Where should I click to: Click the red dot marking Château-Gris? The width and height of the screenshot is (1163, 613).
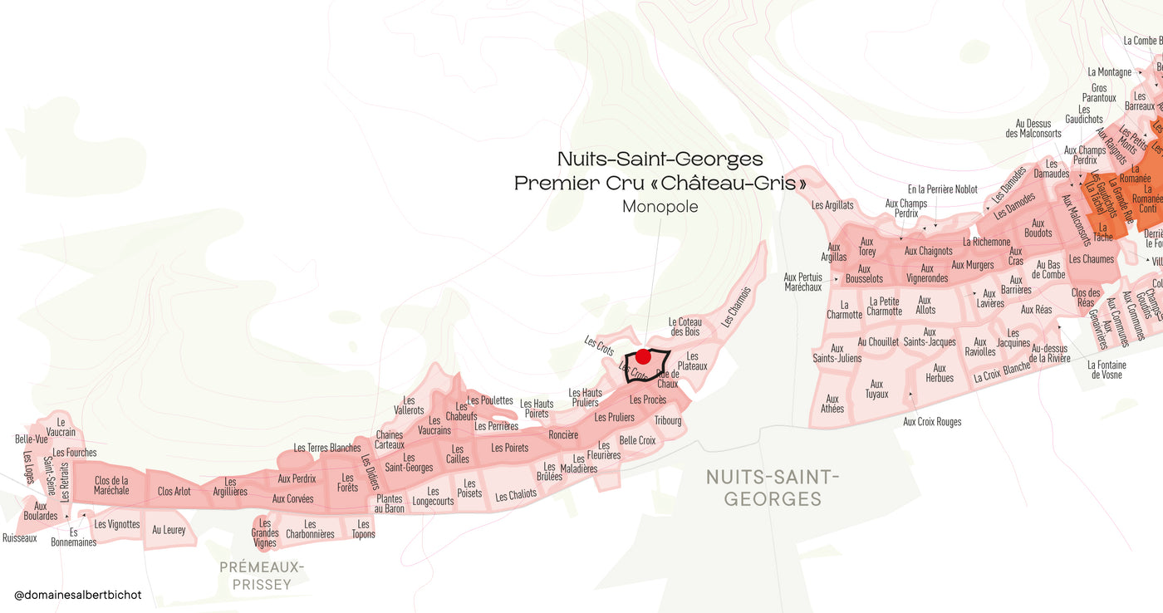[x=643, y=357]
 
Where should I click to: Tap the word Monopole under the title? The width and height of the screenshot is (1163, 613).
[x=660, y=207]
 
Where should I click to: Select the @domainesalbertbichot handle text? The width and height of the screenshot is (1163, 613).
[x=78, y=595]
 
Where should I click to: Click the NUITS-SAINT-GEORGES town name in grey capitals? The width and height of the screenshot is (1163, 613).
[x=773, y=488]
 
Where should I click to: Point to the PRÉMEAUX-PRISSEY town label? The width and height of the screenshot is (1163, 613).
[x=262, y=576]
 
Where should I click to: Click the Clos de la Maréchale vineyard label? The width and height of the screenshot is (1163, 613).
[x=111, y=485]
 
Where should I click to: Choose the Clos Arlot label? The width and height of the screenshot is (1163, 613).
[x=174, y=491]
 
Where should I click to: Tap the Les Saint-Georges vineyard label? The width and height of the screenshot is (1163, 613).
[x=409, y=463]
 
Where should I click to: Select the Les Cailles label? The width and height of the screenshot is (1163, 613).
[x=458, y=454]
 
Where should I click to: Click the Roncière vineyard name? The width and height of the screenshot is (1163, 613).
[x=563, y=435]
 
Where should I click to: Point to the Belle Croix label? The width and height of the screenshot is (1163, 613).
[x=637, y=440]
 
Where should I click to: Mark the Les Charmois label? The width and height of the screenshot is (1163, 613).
[x=736, y=306]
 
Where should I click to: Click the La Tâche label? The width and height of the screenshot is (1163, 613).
[x=1103, y=232]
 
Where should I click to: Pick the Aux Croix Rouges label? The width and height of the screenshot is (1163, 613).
[x=932, y=422]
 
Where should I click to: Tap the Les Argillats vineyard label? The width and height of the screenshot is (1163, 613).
[x=832, y=205]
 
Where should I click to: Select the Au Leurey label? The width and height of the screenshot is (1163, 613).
[x=169, y=529]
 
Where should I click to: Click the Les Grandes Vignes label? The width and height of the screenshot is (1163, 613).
[x=265, y=532]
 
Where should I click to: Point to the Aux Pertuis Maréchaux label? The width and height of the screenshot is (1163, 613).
[x=802, y=282]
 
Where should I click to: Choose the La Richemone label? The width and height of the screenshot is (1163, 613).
[x=986, y=242]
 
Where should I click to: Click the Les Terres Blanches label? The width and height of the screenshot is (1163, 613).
[x=327, y=448]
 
